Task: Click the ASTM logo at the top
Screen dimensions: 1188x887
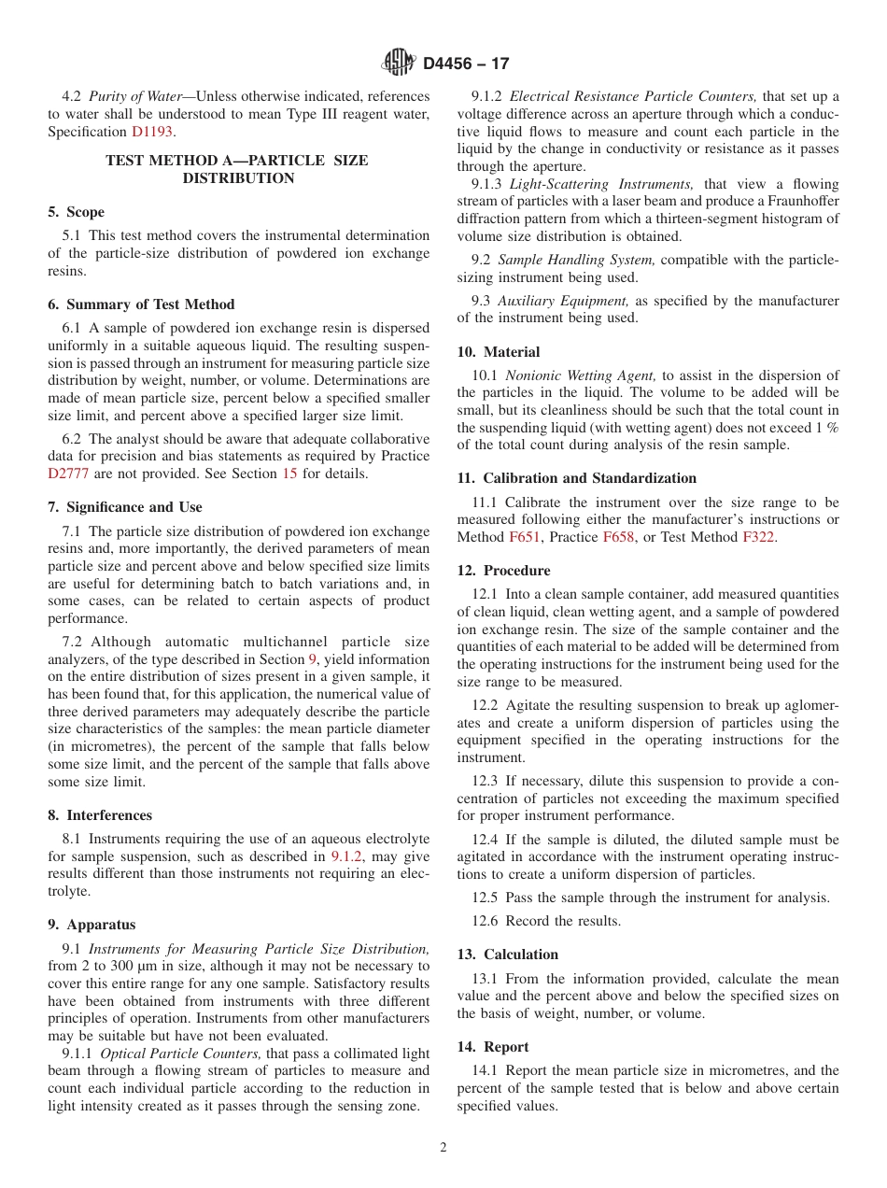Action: tap(399, 64)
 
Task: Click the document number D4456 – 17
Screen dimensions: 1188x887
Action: tap(466, 64)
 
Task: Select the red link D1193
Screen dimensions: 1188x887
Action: tap(151, 132)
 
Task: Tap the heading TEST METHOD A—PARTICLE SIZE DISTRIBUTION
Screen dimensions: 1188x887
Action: tap(237, 169)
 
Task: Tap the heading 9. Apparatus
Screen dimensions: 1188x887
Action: tap(92, 925)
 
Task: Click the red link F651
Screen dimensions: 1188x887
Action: tap(523, 537)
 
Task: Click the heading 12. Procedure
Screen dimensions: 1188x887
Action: tap(503, 571)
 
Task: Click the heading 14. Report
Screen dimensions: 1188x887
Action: tap(493, 1047)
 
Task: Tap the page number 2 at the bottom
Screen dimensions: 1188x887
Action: tap(443, 1148)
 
